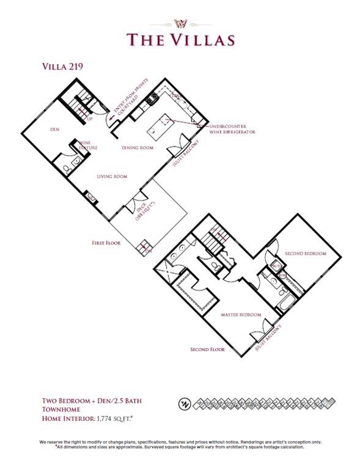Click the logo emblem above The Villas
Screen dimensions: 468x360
[x=180, y=23]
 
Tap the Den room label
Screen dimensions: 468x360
[x=53, y=130]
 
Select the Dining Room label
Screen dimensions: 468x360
[x=137, y=148]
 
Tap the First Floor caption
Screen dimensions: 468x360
[x=106, y=243]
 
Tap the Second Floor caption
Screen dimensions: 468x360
[x=207, y=349]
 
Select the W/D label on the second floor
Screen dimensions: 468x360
[x=276, y=266]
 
